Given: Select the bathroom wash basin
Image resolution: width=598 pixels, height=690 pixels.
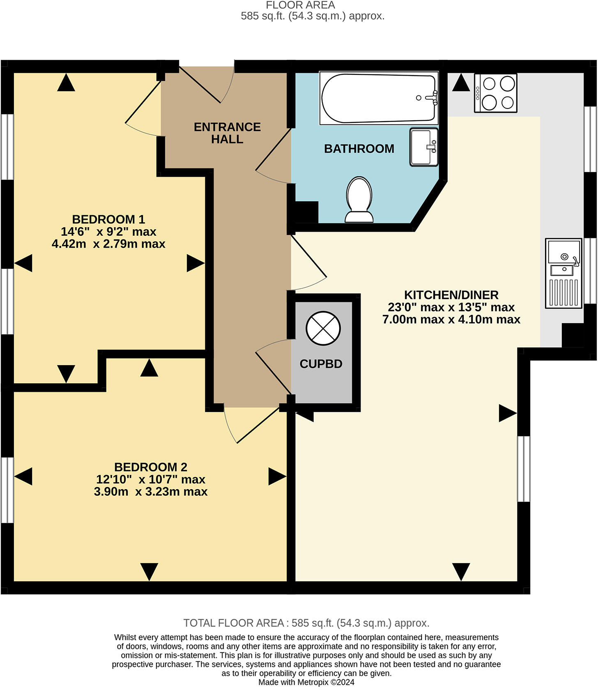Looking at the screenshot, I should pos(424,147).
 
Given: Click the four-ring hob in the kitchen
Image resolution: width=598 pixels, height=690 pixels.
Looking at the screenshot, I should pos(496,93).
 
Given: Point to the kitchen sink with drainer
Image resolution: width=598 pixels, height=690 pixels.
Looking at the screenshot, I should pos(563,273).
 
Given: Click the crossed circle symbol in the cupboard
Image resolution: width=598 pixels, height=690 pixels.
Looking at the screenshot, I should pos(323,329).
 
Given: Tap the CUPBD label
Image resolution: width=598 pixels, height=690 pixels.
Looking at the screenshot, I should pos(321,364).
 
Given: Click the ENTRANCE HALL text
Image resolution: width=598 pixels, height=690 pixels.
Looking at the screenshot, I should pos(227,133).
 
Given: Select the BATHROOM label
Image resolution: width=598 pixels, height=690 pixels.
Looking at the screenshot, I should pos(359,149).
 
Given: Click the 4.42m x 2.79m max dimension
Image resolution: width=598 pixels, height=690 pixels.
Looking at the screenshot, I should pos(108,244).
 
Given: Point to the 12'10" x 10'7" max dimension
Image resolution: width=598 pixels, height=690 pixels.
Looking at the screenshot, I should pos(151,479).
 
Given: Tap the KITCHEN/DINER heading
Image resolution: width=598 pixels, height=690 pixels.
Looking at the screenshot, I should pos(451,295).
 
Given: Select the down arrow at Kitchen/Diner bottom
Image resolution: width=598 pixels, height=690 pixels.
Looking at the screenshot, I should pos(461,571).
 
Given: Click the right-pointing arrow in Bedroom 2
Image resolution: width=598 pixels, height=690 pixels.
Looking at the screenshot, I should pos(277,476).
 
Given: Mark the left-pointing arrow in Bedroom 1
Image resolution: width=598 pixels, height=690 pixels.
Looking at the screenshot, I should pos(23,263).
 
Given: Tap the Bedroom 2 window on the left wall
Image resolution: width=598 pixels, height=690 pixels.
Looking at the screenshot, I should pos(7,490).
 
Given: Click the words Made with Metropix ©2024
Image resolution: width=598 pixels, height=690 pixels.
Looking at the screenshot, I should pos(306,682).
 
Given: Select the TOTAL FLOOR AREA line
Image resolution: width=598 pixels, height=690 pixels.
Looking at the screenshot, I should pos(306,623).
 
